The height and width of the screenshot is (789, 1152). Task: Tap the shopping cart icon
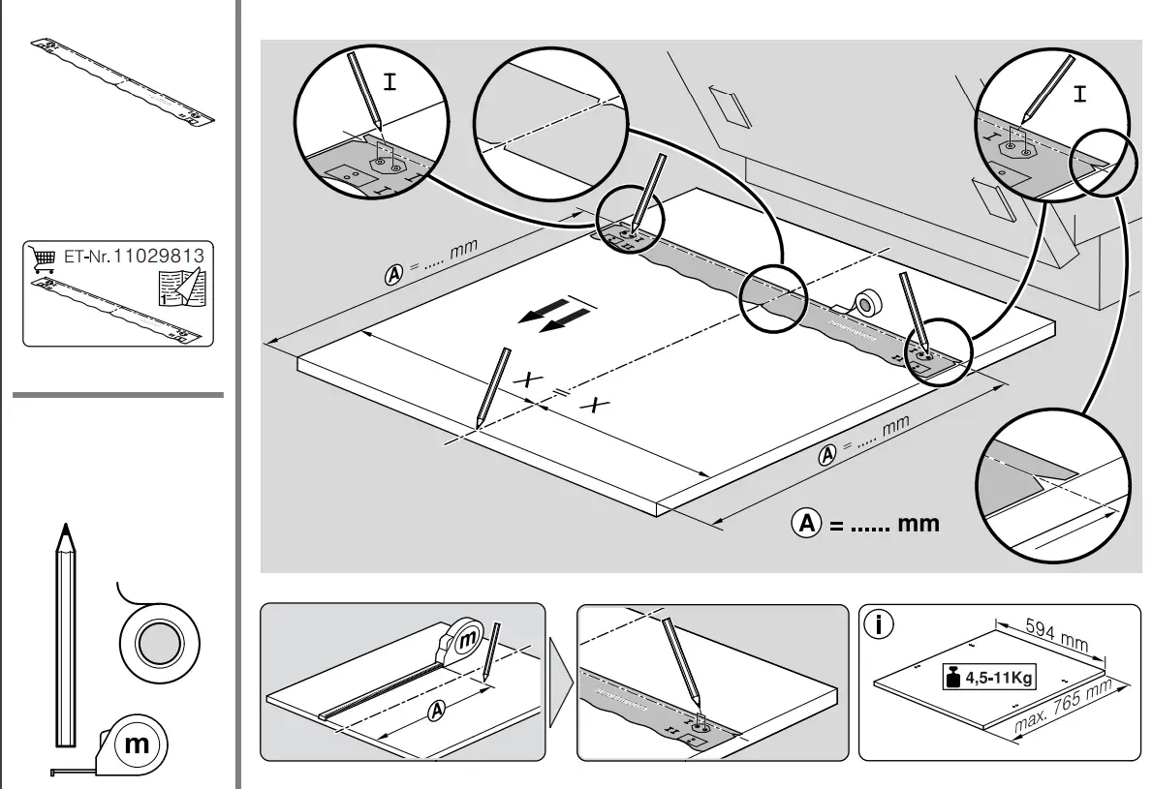(x=41, y=258)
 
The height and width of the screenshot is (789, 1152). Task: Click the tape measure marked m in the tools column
(x=136, y=743)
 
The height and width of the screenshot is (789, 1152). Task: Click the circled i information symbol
(x=879, y=624)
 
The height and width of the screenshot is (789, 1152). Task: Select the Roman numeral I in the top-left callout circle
(x=389, y=82)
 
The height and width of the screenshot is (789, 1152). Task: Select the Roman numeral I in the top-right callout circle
(x=1079, y=94)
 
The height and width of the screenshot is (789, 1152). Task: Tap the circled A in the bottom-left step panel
(x=437, y=711)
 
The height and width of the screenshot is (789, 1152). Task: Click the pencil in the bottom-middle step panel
(x=680, y=658)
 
